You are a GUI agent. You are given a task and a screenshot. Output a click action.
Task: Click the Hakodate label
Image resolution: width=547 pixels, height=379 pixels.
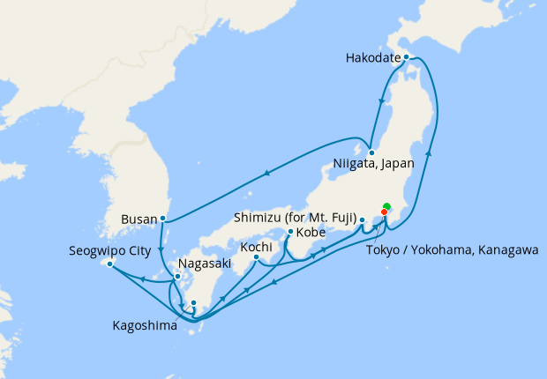371,59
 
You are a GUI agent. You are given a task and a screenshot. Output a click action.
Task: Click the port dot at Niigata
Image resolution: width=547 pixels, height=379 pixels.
372,152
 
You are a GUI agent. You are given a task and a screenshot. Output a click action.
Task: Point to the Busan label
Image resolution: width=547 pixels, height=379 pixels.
142,216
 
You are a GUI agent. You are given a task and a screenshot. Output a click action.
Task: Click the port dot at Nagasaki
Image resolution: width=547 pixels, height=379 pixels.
177,277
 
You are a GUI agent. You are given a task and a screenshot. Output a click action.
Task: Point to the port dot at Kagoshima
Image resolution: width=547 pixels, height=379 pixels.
194,303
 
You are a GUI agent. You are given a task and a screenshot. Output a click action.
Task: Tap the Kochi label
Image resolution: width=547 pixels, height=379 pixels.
256,247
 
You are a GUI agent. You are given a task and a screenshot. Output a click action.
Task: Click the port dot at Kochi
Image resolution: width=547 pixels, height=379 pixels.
256,257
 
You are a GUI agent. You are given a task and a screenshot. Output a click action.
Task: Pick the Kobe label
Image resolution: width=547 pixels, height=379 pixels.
311,233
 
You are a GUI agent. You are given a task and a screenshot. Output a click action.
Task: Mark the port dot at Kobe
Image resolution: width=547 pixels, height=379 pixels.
290,232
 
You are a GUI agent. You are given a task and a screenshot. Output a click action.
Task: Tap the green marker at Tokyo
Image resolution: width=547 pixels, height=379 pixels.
386,207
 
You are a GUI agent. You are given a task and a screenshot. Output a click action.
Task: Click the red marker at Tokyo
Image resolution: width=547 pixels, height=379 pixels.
384,212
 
